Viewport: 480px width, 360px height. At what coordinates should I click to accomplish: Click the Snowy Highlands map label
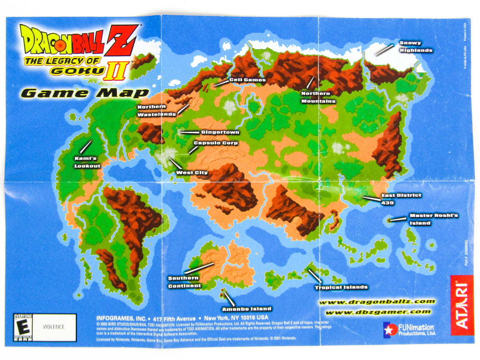tap(416, 47)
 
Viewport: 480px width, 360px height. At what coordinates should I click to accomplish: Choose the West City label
tap(192, 173)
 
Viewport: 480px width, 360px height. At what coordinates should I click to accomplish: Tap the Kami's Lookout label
tap(87, 162)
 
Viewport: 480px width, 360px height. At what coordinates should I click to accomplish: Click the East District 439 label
tap(401, 199)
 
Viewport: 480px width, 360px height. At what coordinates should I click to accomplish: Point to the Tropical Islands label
tap(341, 287)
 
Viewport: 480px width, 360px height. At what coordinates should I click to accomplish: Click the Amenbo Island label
tap(246, 309)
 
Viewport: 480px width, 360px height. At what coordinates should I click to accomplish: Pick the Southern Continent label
tap(184, 282)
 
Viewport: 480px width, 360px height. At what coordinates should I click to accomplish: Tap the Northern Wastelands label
tap(156, 110)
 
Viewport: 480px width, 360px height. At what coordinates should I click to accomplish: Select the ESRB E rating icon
tap(23, 327)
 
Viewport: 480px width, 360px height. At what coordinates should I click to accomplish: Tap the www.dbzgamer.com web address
tap(378, 312)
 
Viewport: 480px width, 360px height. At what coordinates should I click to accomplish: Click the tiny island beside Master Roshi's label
tap(390, 220)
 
